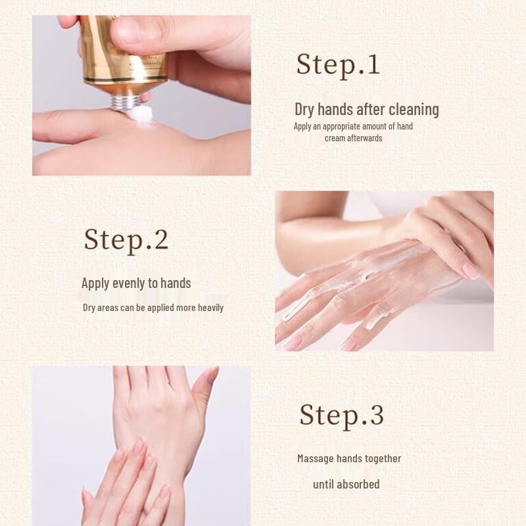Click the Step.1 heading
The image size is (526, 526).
point(338,65)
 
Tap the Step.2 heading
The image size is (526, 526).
point(126,239)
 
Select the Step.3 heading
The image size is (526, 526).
point(341,415)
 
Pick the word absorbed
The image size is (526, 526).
point(358,484)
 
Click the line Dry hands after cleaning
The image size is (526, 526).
point(366,109)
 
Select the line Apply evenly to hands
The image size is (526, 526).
point(136,283)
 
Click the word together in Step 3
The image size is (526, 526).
point(381,458)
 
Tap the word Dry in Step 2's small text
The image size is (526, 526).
point(89,308)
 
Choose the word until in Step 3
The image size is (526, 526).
point(324,484)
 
